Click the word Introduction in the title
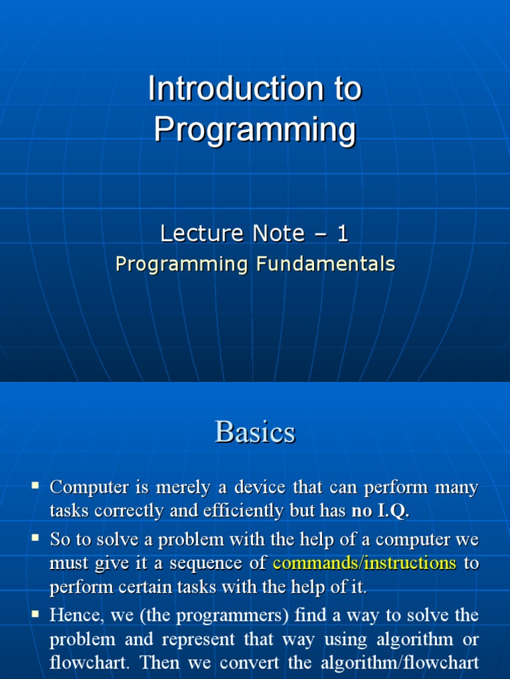coord(236,88)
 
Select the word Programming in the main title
coord(255,129)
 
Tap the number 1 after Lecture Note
coord(342,233)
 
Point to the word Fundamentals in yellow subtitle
coord(325,264)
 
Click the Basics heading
coord(255,432)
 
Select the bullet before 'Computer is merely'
coord(36,485)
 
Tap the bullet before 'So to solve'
coord(36,538)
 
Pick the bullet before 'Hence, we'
coord(36,613)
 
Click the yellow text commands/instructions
coord(365,563)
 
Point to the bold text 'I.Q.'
coord(393,511)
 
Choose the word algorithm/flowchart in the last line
coord(399,662)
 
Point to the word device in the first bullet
coord(260,487)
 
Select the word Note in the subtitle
coord(278,233)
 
